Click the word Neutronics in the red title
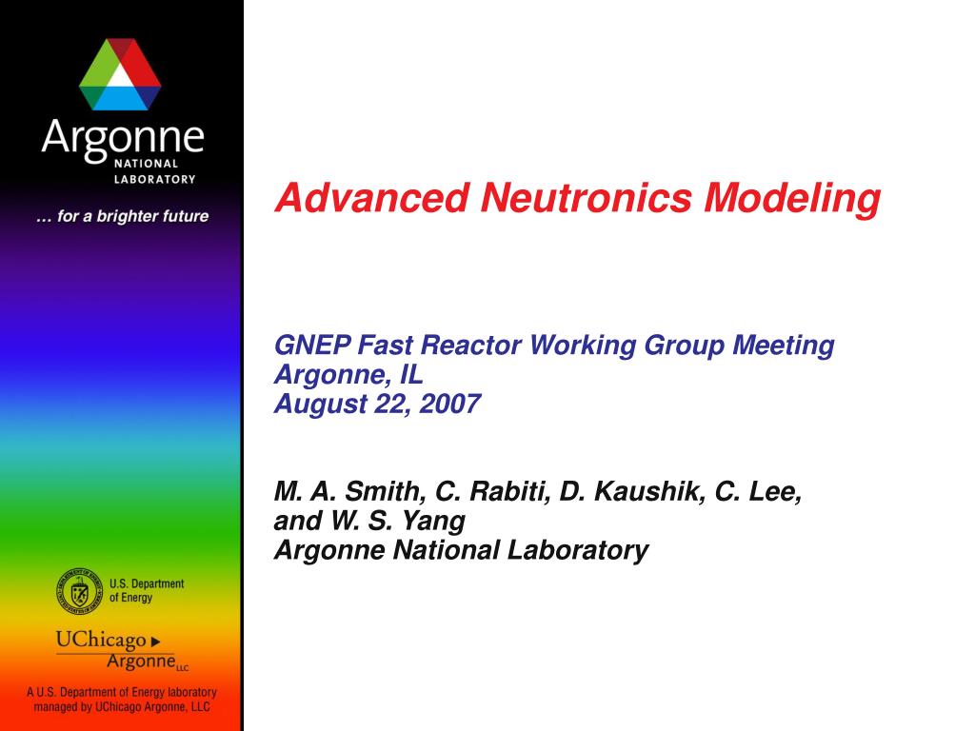click(586, 198)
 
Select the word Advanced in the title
click(372, 198)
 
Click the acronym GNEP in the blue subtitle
click(312, 345)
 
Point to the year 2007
click(449, 404)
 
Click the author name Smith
click(386, 492)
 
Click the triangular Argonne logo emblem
click(120, 74)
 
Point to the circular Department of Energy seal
click(79, 591)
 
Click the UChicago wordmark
click(101, 640)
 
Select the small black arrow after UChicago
click(155, 642)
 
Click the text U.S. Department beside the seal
click(147, 584)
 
